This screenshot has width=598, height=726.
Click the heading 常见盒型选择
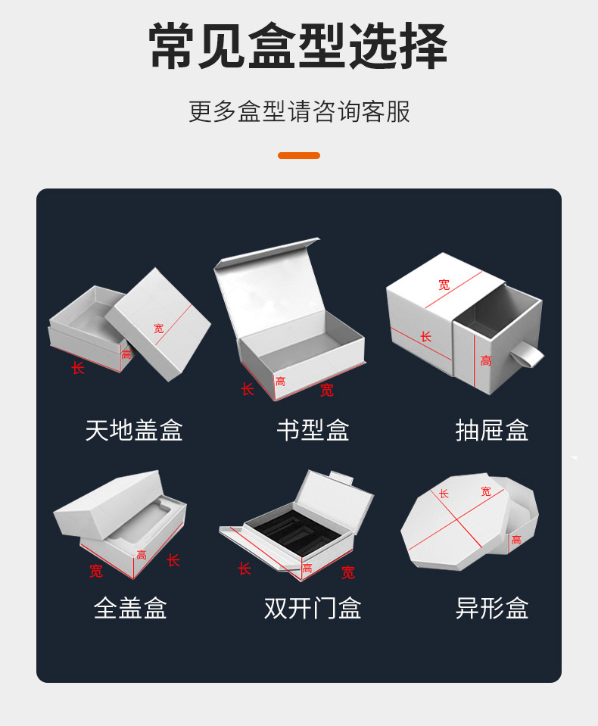298,47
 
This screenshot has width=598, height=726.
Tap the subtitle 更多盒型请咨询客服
299,112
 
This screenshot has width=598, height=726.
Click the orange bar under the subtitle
299,155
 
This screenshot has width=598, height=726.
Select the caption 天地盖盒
134,430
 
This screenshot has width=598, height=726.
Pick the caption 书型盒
313,430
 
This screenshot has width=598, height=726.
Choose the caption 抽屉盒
492,430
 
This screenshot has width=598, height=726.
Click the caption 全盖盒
130,608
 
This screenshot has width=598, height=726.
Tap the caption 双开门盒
313,608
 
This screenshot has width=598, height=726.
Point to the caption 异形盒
492,608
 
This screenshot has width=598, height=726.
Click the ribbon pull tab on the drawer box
529,354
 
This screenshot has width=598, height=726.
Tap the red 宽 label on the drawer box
444,285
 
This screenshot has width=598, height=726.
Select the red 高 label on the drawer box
486,361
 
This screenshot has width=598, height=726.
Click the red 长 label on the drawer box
426,336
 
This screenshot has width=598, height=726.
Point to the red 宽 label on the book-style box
326,391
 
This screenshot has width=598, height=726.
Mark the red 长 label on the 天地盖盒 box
78,368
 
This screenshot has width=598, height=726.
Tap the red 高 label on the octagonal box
516,540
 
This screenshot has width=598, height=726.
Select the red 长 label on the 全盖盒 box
173,560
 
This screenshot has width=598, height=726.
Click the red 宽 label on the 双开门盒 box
347,573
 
